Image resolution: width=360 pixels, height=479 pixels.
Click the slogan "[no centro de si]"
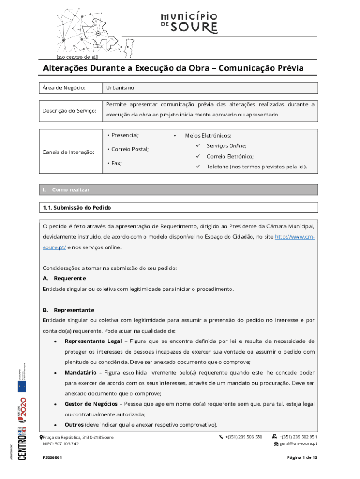pyautogui.click(x=77, y=57)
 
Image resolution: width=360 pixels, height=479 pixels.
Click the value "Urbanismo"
pyautogui.click(x=120, y=88)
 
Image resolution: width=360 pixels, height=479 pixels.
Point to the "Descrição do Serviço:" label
pyautogui.click(x=69, y=111)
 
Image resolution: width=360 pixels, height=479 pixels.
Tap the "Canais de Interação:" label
pyautogui.click(x=67, y=152)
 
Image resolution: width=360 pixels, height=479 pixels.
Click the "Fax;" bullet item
pyautogui.click(x=115, y=163)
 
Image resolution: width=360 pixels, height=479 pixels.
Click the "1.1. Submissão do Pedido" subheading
pyautogui.click(x=77, y=207)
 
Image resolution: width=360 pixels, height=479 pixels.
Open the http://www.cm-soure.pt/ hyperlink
pyautogui.click(x=294, y=237)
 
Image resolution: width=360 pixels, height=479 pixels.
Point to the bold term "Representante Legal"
pyautogui.click(x=93, y=341)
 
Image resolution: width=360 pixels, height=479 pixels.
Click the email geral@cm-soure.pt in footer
pyautogui.click(x=298, y=444)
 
